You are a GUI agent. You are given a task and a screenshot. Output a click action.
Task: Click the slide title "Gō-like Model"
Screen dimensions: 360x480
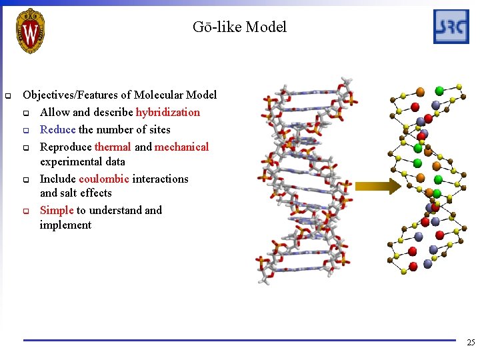click(x=239, y=27)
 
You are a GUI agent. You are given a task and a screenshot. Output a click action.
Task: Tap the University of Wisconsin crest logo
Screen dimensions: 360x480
click(x=30, y=30)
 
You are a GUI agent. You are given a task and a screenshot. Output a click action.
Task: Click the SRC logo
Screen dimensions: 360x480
click(x=451, y=27)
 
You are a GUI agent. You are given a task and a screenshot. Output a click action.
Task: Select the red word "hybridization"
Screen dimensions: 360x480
click(x=167, y=112)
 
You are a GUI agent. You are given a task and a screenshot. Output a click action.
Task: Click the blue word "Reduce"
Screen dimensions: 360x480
click(x=58, y=129)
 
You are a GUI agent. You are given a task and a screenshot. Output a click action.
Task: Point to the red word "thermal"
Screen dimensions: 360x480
click(x=113, y=147)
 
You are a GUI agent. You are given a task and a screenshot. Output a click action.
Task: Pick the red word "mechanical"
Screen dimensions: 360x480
click(x=181, y=147)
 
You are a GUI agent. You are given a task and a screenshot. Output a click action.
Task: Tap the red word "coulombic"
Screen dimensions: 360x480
click(x=104, y=179)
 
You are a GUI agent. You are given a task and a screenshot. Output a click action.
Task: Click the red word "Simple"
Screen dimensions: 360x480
click(x=57, y=210)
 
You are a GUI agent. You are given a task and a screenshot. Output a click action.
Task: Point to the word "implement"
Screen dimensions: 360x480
click(x=65, y=225)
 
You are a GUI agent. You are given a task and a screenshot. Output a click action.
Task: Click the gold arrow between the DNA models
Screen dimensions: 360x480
click(x=377, y=187)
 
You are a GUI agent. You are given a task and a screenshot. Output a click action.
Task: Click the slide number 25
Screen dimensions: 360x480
click(x=471, y=343)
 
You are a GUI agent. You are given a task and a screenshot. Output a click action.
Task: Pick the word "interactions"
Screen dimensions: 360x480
click(x=160, y=179)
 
